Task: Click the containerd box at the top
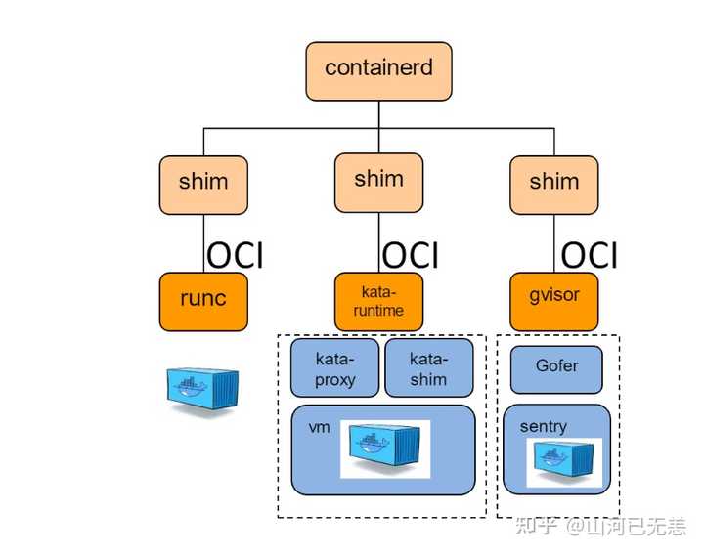coord(378,70)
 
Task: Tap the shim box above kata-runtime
coord(378,181)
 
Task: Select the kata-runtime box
coord(378,301)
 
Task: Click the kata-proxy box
coord(334,368)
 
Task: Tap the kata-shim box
coord(428,368)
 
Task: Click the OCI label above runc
coord(235,256)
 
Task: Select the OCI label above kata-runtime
coord(411,256)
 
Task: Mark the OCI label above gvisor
coord(590,256)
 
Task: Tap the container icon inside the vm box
coord(385,448)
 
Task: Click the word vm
coord(319,429)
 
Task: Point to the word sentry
coord(543,427)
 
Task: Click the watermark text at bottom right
coord(600,528)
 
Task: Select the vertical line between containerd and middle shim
coord(378,115)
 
